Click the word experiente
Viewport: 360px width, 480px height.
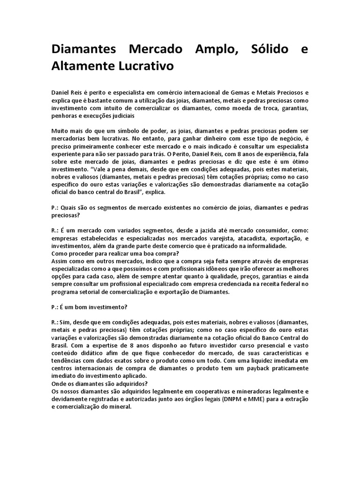[x=67, y=153]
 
